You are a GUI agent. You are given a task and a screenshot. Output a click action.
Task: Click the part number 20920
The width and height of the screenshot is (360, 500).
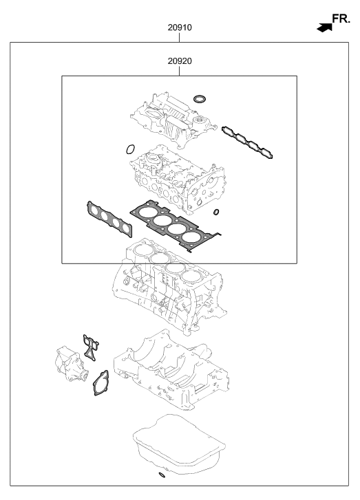179,61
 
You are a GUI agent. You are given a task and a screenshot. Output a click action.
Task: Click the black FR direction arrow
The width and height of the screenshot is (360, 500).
322,27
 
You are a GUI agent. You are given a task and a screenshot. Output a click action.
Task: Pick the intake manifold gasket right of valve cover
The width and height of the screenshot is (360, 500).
250,142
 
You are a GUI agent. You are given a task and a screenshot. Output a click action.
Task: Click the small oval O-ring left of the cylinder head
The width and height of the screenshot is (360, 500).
130,148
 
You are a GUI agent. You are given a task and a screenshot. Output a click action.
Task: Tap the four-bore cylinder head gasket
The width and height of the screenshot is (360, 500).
176,223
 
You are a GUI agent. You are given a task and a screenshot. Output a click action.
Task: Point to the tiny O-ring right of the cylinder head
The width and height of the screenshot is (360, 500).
216,211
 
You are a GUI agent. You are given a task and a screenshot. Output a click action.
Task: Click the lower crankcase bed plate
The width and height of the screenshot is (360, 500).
169,371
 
